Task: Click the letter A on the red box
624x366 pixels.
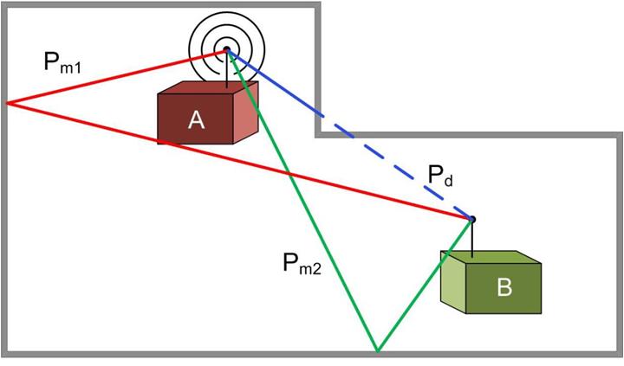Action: tap(196, 120)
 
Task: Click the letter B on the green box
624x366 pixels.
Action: tap(504, 287)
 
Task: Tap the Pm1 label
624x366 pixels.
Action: tap(62, 63)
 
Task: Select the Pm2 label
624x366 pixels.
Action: tap(302, 264)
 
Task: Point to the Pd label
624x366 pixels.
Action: tap(440, 175)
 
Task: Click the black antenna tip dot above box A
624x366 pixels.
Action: tap(227, 49)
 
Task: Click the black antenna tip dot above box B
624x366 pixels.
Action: tap(472, 220)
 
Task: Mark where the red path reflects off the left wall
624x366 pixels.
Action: tap(8, 103)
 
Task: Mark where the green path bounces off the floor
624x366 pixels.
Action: tap(378, 351)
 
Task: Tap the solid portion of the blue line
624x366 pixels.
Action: tap(274, 83)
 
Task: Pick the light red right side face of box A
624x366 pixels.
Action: tap(245, 112)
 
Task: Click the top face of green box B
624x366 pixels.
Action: tap(491, 257)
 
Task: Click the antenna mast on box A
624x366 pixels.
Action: tap(227, 69)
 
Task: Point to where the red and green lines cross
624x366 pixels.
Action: tap(289, 174)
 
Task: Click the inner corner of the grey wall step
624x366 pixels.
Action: tap(318, 135)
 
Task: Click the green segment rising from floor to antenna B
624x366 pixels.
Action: tap(425, 286)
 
